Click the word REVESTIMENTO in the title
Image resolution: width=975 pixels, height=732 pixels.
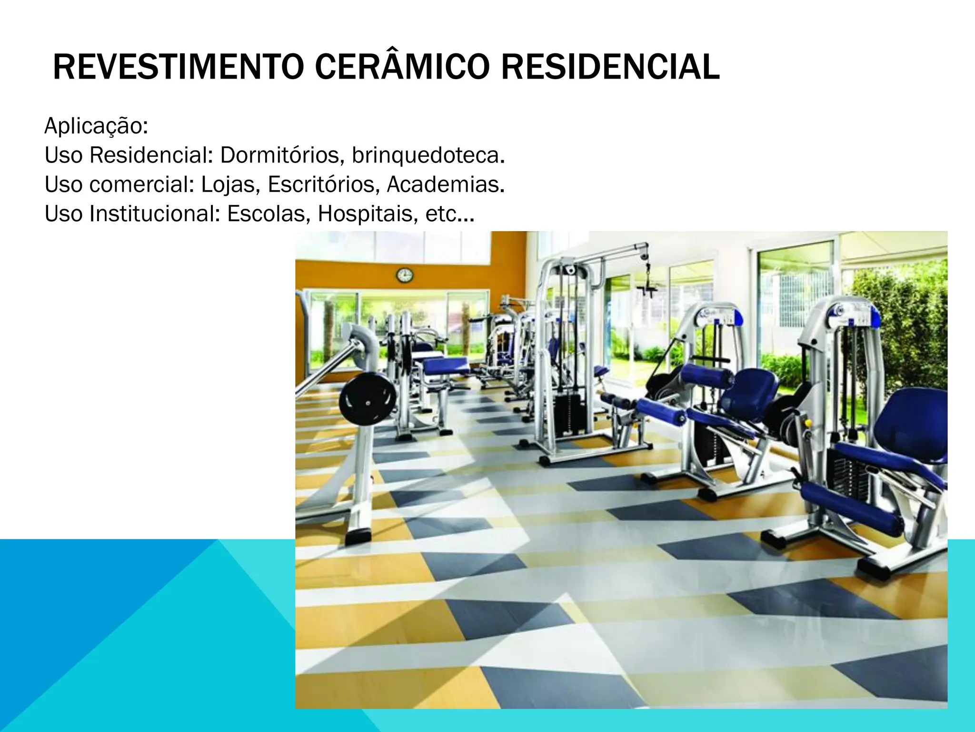coord(179,68)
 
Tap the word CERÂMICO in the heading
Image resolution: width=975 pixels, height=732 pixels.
coord(402,68)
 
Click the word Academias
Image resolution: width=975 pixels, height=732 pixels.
coord(446,185)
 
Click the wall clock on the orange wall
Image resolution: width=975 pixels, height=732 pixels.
coord(404,275)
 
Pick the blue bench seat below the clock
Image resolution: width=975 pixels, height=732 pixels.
coord(446,366)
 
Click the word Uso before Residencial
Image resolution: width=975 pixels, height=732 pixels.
coord(64,155)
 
